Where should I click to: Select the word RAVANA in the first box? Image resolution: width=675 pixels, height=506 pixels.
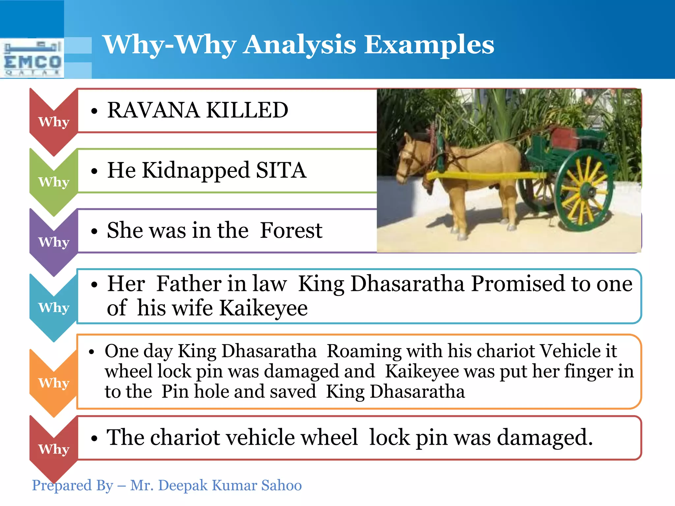click(x=153, y=110)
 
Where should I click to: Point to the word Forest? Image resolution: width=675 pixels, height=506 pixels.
click(x=291, y=230)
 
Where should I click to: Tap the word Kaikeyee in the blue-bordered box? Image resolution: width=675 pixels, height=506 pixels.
click(x=263, y=308)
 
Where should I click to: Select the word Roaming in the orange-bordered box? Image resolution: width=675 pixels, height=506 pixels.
click(x=364, y=351)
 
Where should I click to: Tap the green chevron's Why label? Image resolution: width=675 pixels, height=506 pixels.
click(x=54, y=182)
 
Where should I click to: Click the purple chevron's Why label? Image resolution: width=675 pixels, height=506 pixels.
click(x=54, y=242)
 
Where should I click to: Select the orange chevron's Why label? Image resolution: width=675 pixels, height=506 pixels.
click(x=54, y=383)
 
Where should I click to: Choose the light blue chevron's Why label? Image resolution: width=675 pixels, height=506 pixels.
click(x=54, y=308)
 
